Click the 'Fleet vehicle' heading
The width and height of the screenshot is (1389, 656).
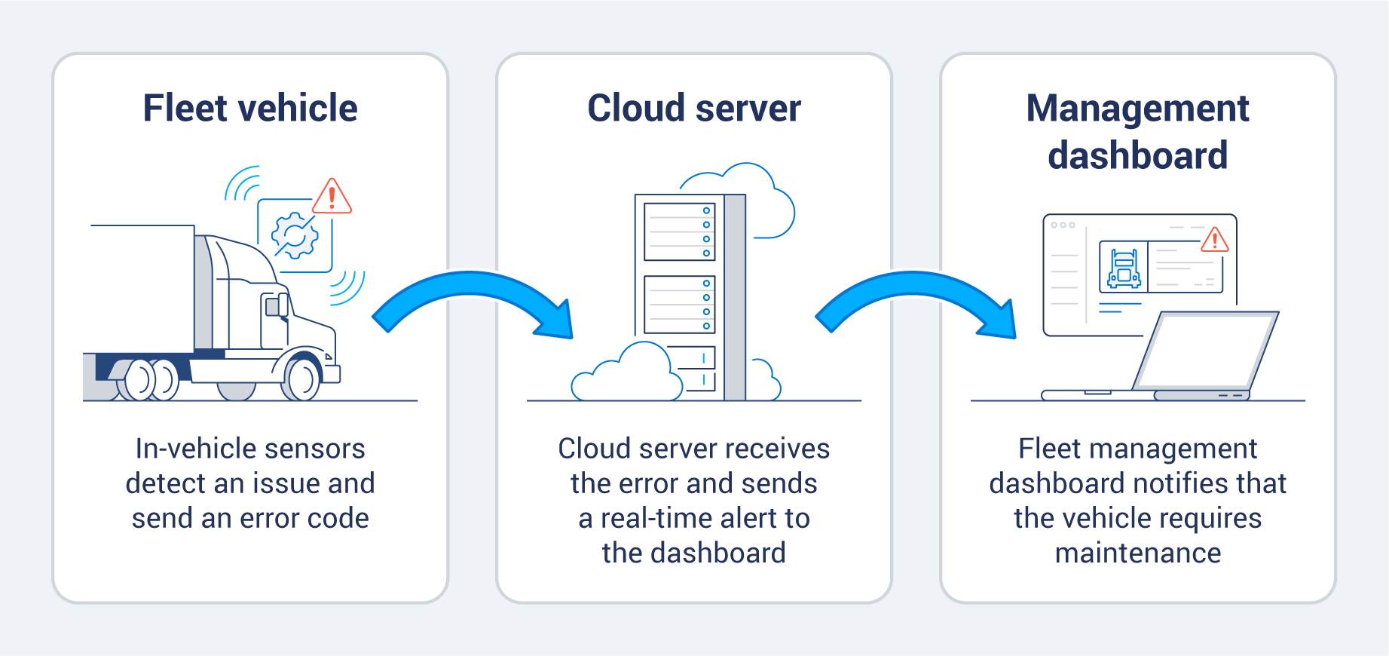point(250,108)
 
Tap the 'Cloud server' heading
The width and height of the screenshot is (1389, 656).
point(693,108)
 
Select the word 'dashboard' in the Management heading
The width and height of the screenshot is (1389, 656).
point(1137,155)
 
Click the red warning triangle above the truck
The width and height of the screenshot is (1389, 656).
point(332,198)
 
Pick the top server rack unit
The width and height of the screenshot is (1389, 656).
point(679,231)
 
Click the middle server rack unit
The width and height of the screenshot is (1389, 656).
point(679,305)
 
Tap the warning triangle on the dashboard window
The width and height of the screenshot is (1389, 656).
point(1214,241)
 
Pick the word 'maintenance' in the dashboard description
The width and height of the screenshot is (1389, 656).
point(1137,553)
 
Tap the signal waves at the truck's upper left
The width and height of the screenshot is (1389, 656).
point(243,184)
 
